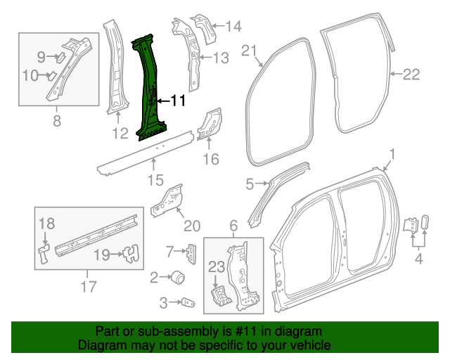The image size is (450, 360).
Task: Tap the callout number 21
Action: pyautogui.click(x=250, y=50)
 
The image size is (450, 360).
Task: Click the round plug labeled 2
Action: pyautogui.click(x=179, y=277)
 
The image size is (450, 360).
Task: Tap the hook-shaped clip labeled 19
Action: pyautogui.click(x=129, y=254)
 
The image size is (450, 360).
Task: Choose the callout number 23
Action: pyautogui.click(x=217, y=266)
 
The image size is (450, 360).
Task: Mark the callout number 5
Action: pyautogui.click(x=249, y=185)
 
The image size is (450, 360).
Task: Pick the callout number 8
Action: pyautogui.click(x=57, y=121)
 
